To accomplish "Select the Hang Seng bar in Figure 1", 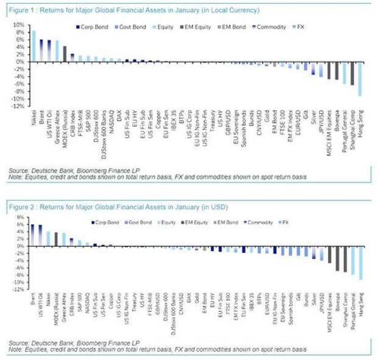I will pyautogui.click(x=359, y=79).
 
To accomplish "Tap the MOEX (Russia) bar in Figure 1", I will pyautogui.click(x=65, y=54).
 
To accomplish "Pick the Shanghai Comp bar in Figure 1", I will pyautogui.click(x=352, y=73).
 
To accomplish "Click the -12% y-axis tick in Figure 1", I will pyautogui.click(x=18, y=105).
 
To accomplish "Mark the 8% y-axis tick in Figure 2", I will pyautogui.click(x=20, y=217).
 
